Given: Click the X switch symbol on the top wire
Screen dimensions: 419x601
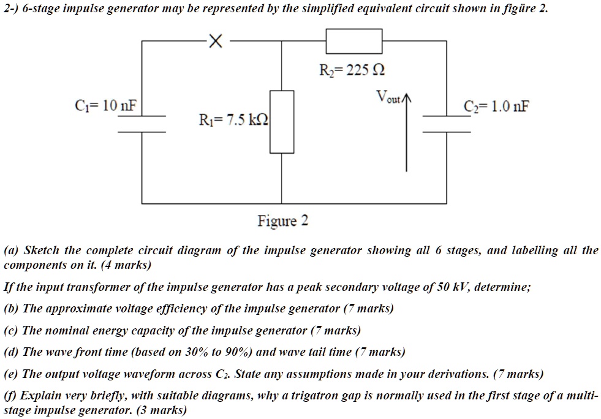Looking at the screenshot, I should click(x=213, y=42).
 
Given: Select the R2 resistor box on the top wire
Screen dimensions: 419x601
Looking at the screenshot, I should click(x=354, y=42).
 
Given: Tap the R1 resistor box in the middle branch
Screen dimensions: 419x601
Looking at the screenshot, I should click(x=282, y=122).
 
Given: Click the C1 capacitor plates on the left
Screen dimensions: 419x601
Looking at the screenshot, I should click(x=142, y=123).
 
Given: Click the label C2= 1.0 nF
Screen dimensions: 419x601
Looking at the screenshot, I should click(x=497, y=107).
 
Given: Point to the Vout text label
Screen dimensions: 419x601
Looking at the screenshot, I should click(x=388, y=97).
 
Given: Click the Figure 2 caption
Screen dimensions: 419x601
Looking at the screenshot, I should click(x=282, y=221).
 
